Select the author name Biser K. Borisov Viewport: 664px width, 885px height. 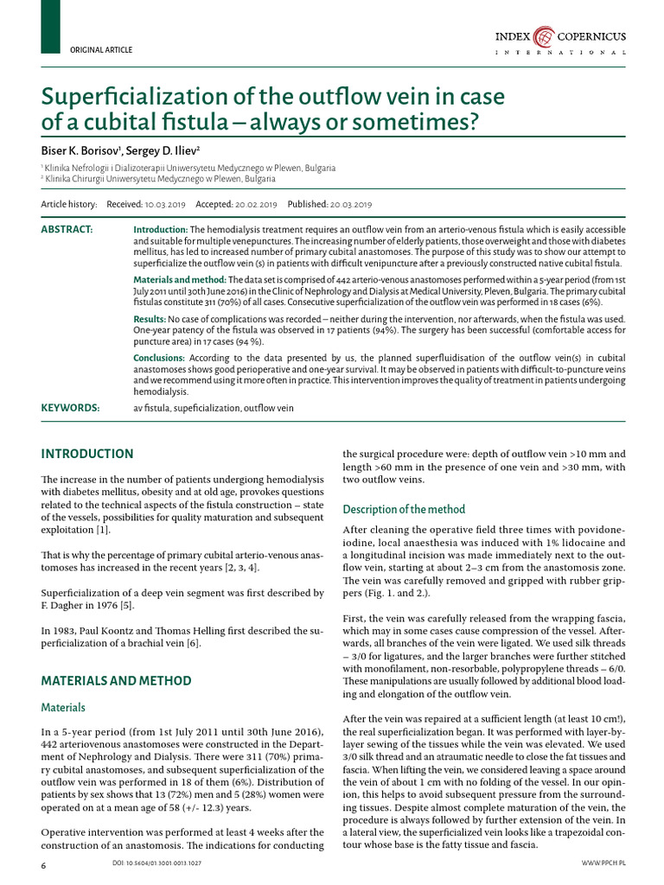coord(79,150)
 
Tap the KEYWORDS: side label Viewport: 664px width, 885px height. coord(70,407)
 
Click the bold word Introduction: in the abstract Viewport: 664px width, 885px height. coord(160,229)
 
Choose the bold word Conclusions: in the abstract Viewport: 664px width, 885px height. coord(159,358)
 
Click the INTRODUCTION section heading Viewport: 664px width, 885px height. coord(87,454)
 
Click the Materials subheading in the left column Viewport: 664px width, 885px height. coord(63,708)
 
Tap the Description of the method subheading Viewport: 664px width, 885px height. coord(404,509)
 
